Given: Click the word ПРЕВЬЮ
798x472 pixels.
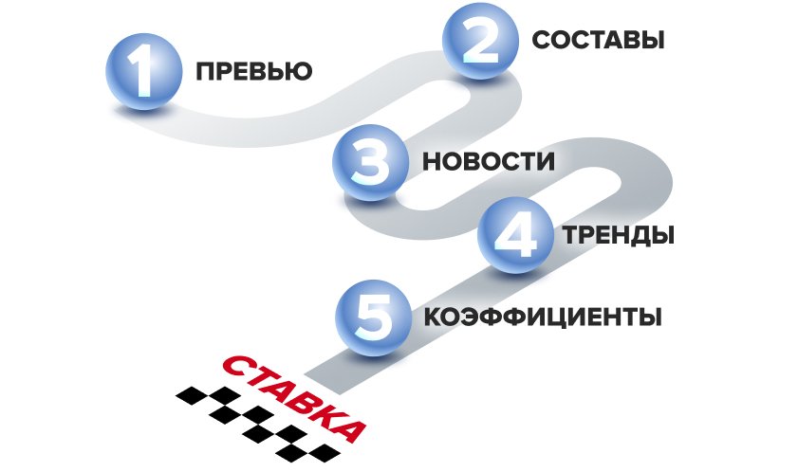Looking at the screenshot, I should pyautogui.click(x=253, y=73).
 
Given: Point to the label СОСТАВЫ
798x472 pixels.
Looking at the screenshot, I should pyautogui.click(x=598, y=41).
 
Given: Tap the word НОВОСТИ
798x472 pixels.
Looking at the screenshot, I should pyautogui.click(x=489, y=162).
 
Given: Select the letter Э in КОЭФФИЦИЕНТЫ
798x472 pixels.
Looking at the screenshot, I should pyautogui.click(x=470, y=317).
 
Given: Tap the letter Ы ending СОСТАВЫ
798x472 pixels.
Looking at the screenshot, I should pyautogui.click(x=649, y=41).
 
